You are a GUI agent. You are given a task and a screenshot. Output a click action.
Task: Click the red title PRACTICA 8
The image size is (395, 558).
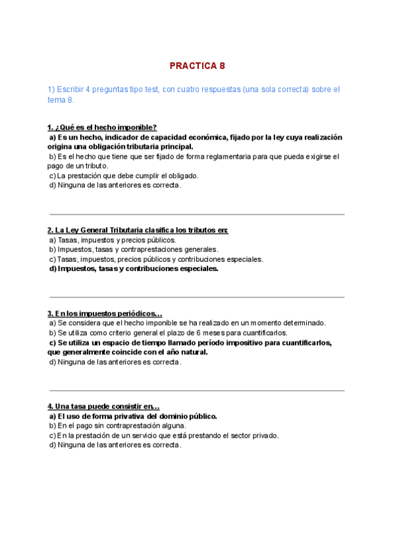197,66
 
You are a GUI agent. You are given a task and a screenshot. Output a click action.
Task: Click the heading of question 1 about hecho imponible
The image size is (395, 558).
102,127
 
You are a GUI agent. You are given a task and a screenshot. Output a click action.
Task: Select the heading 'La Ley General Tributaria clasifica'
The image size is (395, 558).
138,230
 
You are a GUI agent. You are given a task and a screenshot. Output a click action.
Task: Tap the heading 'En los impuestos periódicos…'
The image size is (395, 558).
105,313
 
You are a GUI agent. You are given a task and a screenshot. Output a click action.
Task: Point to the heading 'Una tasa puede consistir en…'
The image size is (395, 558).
103,407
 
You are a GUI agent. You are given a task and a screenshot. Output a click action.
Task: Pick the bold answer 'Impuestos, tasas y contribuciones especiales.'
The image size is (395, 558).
134,268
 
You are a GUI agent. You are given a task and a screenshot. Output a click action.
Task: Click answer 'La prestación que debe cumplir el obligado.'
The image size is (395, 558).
124,176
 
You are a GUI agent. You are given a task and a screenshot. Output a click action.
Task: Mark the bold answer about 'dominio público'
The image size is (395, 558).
133,416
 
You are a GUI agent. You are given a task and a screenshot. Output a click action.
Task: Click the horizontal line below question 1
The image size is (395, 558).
197,215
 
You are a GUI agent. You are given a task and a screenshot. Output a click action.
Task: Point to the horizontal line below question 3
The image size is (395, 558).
197,391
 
